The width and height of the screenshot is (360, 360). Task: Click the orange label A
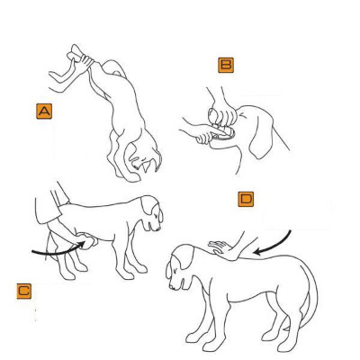44,112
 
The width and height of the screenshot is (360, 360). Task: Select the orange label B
226,65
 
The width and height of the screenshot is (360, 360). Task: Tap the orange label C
24,291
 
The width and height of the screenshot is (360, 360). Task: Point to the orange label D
246,199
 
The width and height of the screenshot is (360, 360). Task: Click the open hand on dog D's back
223,249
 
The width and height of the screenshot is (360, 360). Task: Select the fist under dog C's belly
88,240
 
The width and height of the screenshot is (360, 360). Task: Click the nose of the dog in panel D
171,286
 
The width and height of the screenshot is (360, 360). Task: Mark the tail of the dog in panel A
115,67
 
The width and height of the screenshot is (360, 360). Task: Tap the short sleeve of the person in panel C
47,207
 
